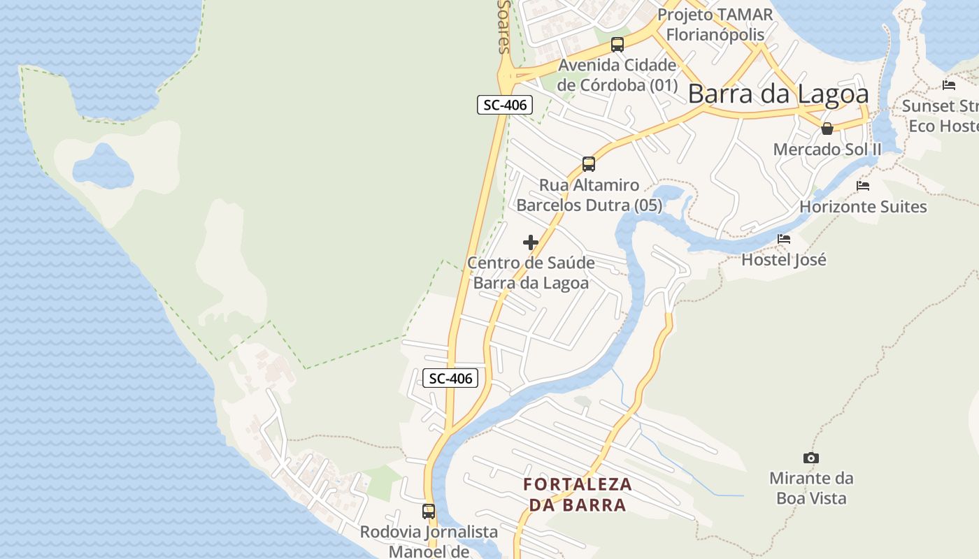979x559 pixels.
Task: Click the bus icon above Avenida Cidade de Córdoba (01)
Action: pyautogui.click(x=617, y=45)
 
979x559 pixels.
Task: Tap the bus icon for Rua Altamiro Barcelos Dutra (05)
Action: pyautogui.click(x=589, y=164)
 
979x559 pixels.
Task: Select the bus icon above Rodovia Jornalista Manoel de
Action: pyautogui.click(x=429, y=511)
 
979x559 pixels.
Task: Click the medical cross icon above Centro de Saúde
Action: pyautogui.click(x=531, y=242)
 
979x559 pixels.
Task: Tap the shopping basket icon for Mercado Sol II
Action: pyautogui.click(x=827, y=129)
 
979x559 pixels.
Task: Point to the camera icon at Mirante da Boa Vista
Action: pyautogui.click(x=811, y=458)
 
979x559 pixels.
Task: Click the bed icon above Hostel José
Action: pyautogui.click(x=784, y=239)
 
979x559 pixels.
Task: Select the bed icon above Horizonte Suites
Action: pyautogui.click(x=863, y=186)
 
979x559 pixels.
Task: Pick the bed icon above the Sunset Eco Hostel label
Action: pyautogui.click(x=949, y=85)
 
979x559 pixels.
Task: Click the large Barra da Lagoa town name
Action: pyautogui.click(x=778, y=94)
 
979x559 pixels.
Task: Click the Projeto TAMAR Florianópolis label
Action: pyautogui.click(x=715, y=24)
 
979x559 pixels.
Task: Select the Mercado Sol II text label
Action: pyautogui.click(x=827, y=150)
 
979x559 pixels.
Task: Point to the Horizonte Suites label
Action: pyautogui.click(x=863, y=207)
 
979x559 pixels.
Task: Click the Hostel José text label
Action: pyautogui.click(x=784, y=260)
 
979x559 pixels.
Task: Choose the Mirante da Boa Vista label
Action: pyautogui.click(x=811, y=488)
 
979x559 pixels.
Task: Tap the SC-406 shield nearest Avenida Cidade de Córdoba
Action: pyautogui.click(x=505, y=106)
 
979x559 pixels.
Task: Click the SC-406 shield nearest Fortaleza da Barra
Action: pyautogui.click(x=450, y=379)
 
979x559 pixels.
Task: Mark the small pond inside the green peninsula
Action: pyautogui.click(x=103, y=166)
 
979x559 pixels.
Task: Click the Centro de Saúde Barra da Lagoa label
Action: pyautogui.click(x=531, y=273)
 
